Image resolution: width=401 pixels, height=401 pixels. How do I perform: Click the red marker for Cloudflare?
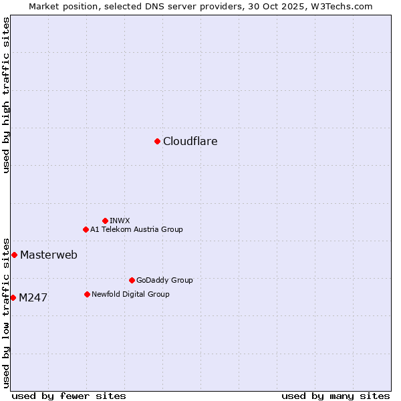tap(157, 141)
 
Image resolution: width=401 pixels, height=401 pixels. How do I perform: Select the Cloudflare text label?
tap(190, 142)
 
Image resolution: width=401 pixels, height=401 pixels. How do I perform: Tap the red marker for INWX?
tap(105, 221)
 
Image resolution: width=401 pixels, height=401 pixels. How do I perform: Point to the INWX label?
tap(120, 221)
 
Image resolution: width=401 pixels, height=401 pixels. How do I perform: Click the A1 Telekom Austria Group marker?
tap(86, 229)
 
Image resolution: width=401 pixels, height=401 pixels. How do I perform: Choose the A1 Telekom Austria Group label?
tap(136, 229)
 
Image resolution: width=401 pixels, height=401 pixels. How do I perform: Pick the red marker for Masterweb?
tap(14, 255)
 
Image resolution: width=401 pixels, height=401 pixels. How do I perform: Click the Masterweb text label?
tap(49, 255)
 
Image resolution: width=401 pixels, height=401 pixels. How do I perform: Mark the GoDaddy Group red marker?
tap(132, 280)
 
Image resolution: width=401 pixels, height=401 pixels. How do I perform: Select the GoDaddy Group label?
tap(164, 280)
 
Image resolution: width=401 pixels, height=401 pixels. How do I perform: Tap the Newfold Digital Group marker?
tap(87, 294)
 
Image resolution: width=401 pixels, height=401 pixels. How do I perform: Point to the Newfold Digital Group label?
tap(130, 294)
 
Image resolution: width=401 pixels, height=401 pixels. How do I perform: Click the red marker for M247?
tap(13, 297)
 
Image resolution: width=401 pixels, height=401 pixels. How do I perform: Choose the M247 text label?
tap(33, 298)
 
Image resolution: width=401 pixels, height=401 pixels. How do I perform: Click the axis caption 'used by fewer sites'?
tap(69, 396)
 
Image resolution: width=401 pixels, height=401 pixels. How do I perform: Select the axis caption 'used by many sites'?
tap(336, 396)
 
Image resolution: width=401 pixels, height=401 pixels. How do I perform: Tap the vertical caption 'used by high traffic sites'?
tap(6, 95)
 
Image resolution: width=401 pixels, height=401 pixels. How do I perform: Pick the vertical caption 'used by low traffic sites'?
tap(6, 312)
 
